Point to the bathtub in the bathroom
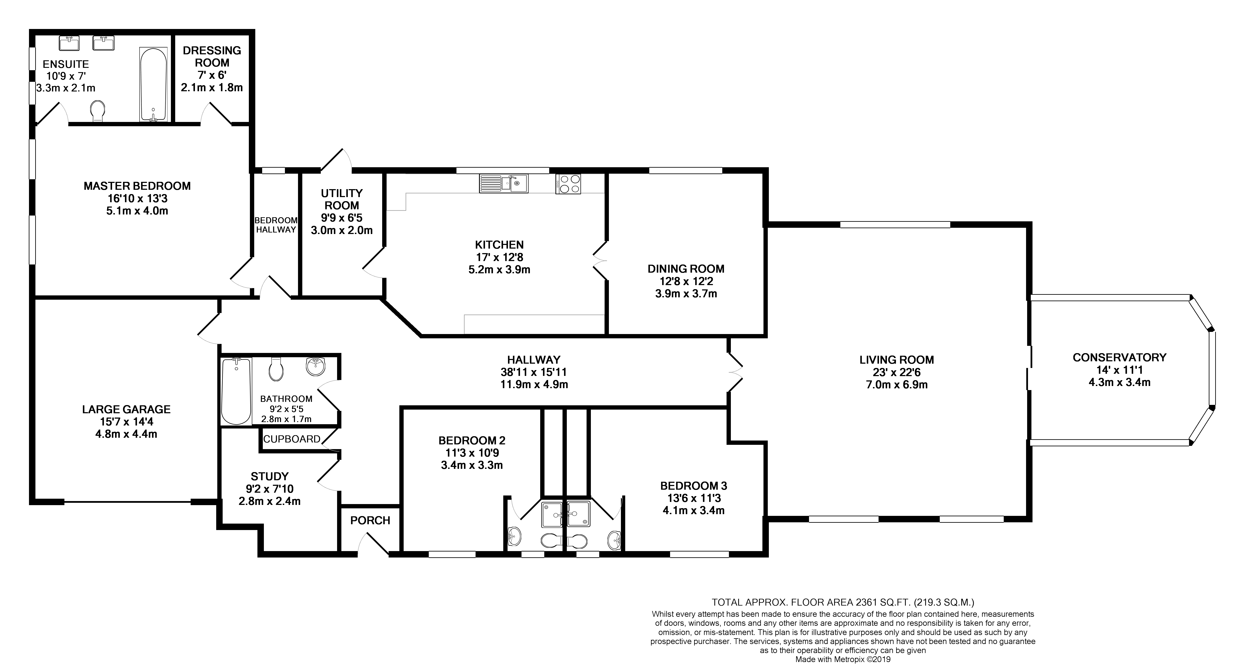236,391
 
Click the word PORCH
370,521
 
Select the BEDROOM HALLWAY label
276,225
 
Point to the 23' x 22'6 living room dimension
896,372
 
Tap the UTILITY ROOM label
341,199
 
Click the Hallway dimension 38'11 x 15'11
534,372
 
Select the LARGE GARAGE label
126,410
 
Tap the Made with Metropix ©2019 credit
843,660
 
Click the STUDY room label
269,476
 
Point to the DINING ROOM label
686,269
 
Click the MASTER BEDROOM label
137,186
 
